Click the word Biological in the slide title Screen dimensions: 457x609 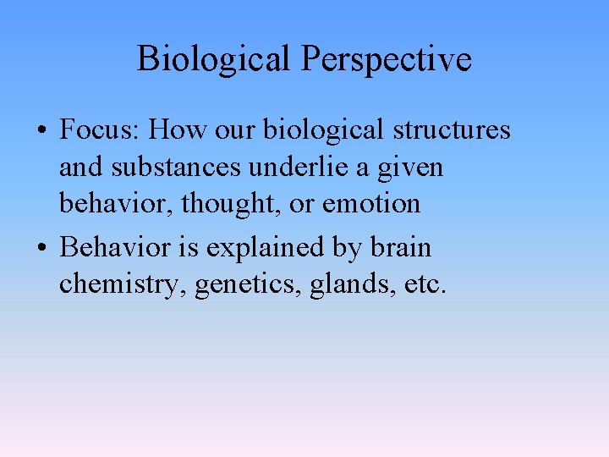pyautogui.click(x=215, y=59)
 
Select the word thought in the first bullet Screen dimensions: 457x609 pyautogui.click(x=206, y=204)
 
